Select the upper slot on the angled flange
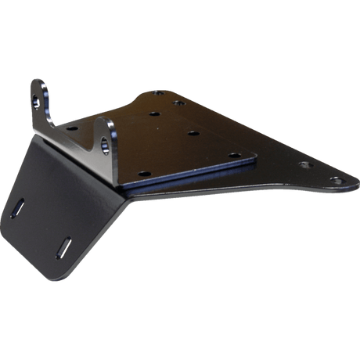(19, 207)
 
